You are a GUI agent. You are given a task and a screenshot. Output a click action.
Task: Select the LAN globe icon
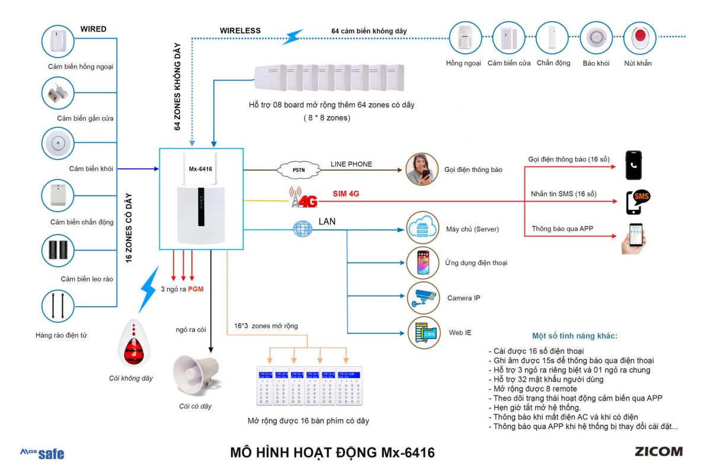coord(302,228)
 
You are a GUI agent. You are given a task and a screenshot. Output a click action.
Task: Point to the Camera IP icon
coord(423,297)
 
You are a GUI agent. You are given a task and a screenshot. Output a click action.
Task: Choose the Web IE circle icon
coord(423,332)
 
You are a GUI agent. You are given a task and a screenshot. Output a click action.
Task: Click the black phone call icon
coord(633,165)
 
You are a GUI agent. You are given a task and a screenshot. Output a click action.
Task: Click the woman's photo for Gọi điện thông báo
coord(422,169)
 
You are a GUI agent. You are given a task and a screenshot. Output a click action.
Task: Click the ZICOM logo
coord(658,451)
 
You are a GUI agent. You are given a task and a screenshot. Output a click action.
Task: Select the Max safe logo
coord(42,453)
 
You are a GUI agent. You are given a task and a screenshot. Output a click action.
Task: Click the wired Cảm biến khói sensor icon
coord(58,143)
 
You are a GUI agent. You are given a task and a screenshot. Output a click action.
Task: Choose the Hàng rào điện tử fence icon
coord(58,306)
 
